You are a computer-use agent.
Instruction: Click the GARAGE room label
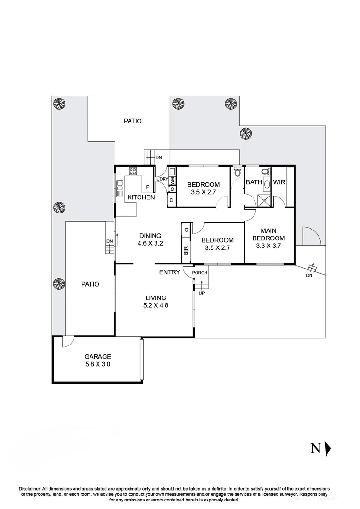(x=98, y=357)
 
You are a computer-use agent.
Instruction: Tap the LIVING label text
(x=155, y=297)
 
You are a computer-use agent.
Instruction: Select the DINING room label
(x=149, y=236)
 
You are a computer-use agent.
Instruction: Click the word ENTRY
(x=170, y=272)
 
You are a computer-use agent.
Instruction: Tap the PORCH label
(x=200, y=272)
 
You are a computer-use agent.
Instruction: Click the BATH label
(x=254, y=182)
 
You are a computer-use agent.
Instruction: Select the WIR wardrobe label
(x=279, y=182)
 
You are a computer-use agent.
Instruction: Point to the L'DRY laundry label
(x=163, y=179)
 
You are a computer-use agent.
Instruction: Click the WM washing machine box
(x=172, y=180)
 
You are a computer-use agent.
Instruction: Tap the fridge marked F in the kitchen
(x=147, y=187)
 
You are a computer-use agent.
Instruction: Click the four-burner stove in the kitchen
(x=133, y=171)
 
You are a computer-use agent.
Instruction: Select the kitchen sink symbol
(x=120, y=189)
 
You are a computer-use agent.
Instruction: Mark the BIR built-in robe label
(x=186, y=251)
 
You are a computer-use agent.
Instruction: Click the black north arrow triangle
(x=328, y=448)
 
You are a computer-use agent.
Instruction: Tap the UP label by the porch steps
(x=201, y=293)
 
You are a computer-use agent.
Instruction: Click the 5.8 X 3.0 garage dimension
(x=98, y=364)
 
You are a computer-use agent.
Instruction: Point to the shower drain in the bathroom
(x=265, y=200)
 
